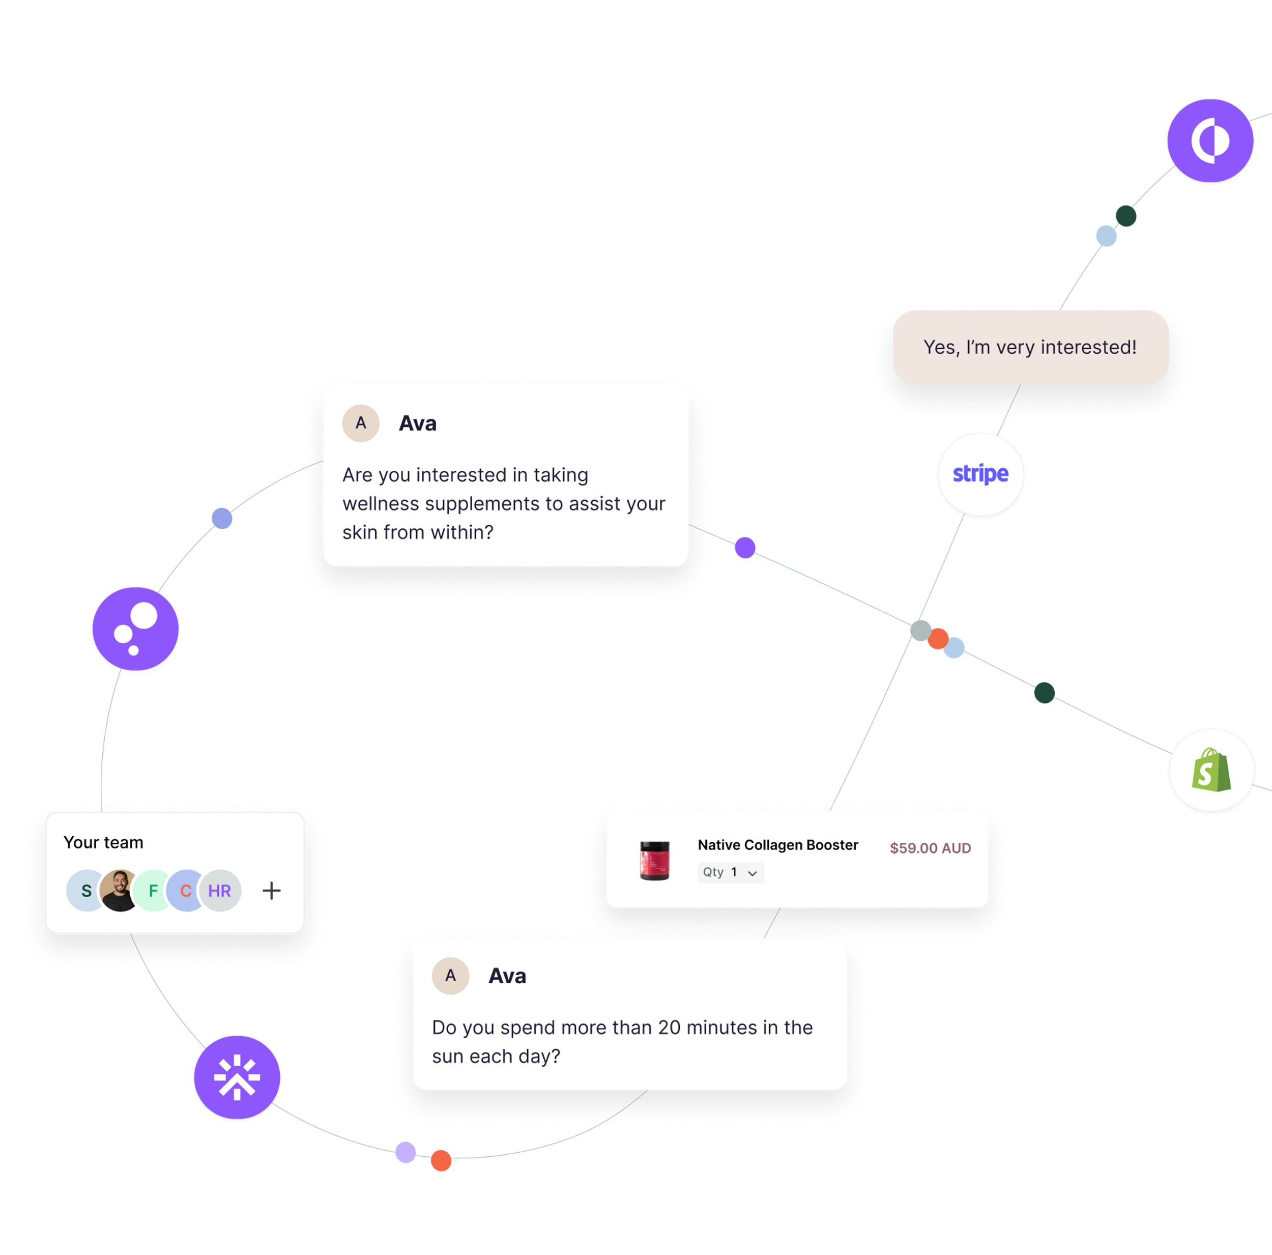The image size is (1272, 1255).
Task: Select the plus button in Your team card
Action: click(271, 891)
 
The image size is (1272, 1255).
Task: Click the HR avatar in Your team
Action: click(220, 891)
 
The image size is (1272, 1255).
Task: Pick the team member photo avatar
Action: click(119, 891)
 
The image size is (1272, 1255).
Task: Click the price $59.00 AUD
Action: click(930, 848)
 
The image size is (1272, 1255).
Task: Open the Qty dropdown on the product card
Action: click(731, 872)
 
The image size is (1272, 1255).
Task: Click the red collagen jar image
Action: click(654, 860)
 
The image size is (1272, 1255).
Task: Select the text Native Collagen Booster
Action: click(777, 845)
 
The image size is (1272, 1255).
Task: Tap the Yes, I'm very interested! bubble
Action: click(1030, 347)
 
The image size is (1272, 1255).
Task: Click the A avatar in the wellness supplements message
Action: click(361, 423)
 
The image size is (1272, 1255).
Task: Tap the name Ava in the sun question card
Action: click(507, 976)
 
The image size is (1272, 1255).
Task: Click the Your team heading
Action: click(103, 842)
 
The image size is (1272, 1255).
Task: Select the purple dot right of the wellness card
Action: click(745, 547)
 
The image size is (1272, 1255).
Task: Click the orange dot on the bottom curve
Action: click(441, 1160)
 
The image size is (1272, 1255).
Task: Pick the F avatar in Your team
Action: click(153, 891)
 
